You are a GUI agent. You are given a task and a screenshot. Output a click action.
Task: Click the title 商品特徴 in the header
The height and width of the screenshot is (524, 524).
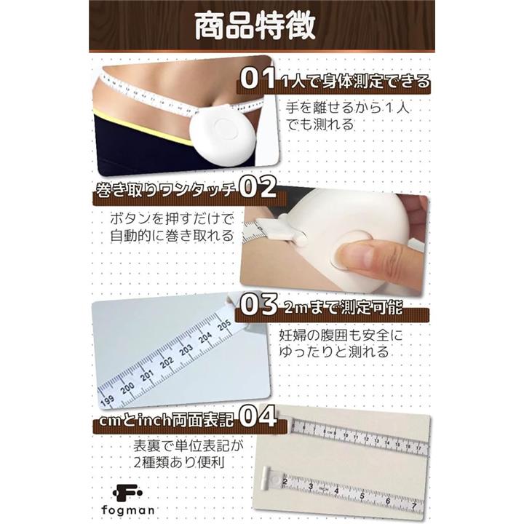pos(255,26)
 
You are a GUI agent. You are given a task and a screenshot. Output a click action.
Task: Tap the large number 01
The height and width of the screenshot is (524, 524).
pos(258,79)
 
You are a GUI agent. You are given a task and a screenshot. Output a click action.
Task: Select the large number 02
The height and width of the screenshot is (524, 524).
pos(258,187)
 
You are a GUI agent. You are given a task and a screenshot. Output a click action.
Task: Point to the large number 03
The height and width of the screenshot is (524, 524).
pos(259,304)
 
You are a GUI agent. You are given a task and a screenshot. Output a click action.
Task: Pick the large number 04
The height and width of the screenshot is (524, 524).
pos(258,416)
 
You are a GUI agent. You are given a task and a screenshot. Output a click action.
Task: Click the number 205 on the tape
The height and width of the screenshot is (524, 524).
pos(224,324)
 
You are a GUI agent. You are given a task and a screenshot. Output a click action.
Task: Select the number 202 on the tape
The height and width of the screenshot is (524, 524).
pos(167,361)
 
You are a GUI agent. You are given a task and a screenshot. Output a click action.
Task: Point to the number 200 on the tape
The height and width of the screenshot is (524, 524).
pos(127,388)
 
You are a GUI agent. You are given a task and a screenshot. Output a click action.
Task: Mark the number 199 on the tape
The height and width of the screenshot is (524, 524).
pos(107,400)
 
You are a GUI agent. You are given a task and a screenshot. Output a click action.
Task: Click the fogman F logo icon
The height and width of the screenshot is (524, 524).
pos(127,493)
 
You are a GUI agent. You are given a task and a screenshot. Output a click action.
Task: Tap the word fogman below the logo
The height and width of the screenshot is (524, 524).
pos(128,510)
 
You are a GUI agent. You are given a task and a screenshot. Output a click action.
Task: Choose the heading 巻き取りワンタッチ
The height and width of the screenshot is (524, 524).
pos(166,191)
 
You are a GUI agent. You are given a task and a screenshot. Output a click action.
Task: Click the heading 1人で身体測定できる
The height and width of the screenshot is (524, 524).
pos(355,82)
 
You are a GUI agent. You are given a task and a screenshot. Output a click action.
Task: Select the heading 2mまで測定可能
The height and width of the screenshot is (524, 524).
pos(344,307)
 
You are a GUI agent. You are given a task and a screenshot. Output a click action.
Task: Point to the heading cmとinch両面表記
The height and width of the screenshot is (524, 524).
pos(166,420)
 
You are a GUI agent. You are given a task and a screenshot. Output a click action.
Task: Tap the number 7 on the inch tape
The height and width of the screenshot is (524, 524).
pos(414,507)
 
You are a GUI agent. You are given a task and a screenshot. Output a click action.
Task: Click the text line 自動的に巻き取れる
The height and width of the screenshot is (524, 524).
pos(172,236)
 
